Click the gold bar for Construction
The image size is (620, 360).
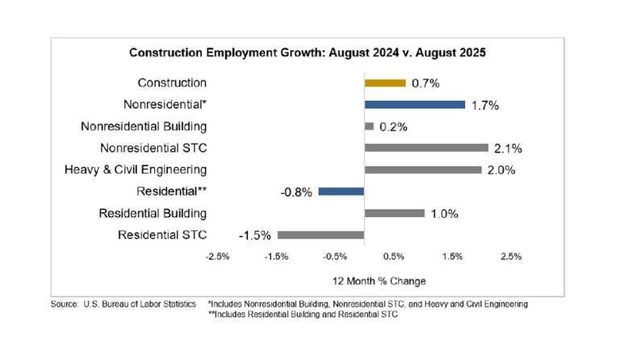pos(385,82)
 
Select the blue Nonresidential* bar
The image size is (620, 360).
pos(415,104)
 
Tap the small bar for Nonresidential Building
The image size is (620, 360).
pos(369,126)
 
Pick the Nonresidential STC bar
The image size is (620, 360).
pos(426,148)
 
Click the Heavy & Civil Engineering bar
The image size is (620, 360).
pos(423,170)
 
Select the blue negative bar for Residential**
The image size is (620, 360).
pos(341,191)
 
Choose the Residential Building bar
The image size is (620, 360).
pos(395,213)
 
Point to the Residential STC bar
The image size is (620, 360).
pos(320,235)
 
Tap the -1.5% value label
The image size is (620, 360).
pos(254,236)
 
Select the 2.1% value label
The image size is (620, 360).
pos(509,149)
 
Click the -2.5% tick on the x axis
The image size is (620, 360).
pos(219,257)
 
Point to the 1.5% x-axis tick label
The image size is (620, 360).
pos(452,257)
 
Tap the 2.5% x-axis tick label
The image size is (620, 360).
pos(511,257)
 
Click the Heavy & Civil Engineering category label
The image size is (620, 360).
pos(136,170)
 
